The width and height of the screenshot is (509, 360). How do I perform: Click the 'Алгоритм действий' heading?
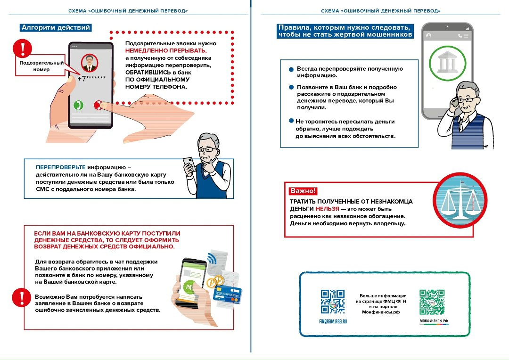56,28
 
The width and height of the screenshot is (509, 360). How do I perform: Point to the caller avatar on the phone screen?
88,62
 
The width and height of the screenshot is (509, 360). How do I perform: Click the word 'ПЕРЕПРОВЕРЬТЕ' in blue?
61,167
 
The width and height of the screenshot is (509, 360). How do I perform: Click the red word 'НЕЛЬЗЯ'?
327,208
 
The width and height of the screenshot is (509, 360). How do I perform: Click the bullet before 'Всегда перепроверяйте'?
291,69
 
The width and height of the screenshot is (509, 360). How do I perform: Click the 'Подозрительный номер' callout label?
35,66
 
